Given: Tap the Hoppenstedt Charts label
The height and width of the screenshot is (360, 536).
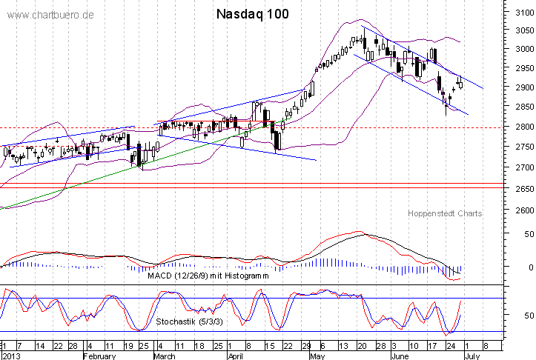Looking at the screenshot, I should point(445,213).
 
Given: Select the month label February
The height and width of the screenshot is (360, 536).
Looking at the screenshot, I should point(99,356).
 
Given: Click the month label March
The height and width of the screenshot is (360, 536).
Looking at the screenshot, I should point(164,356).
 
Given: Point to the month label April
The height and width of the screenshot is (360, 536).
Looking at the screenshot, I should point(235,356).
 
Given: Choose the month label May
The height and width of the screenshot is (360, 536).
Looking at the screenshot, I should point(317,356).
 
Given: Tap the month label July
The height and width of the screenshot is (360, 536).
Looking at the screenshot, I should point(469,356).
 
